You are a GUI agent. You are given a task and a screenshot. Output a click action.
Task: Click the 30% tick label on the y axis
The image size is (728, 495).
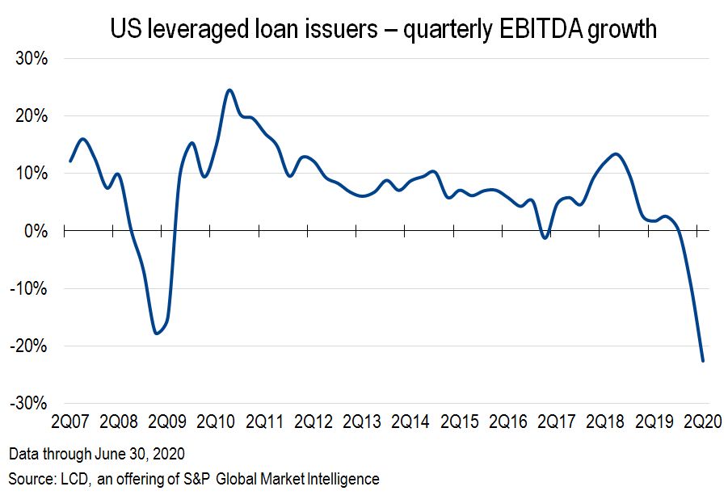(x=32, y=59)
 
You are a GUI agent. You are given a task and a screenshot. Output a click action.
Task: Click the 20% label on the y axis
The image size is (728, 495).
(x=32, y=116)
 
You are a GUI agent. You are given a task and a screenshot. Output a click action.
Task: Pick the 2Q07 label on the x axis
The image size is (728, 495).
(x=69, y=422)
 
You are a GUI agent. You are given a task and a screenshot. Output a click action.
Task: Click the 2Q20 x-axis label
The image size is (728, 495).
(x=701, y=422)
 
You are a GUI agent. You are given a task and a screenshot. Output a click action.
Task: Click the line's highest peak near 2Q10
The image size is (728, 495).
(x=229, y=90)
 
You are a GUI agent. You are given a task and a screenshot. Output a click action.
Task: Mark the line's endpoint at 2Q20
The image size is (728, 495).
(x=703, y=361)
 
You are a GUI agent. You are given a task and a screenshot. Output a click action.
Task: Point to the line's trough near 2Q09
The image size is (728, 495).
(x=157, y=333)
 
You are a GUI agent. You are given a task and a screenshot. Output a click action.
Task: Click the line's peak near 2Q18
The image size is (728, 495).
(x=616, y=153)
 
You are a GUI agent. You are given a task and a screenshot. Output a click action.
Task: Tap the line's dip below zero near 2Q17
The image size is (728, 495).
(x=546, y=238)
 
